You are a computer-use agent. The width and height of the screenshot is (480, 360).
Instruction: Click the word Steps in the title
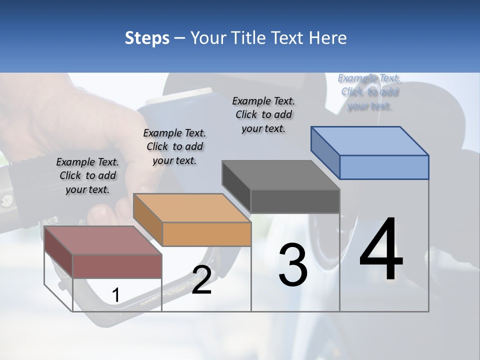point(147,38)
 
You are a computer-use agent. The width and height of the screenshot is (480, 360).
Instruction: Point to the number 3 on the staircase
point(293,265)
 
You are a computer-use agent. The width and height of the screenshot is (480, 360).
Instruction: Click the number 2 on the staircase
point(201,280)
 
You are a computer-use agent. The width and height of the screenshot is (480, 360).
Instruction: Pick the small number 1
point(115,295)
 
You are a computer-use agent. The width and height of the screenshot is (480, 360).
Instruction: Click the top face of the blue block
point(370,140)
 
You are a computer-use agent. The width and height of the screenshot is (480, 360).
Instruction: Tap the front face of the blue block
point(384,167)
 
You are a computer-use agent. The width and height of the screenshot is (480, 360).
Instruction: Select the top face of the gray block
point(281,175)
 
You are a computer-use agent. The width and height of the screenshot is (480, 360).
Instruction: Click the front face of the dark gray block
point(295,201)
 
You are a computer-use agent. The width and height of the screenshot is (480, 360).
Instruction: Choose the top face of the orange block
point(192,208)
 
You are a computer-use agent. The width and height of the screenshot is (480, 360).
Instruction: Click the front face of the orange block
point(206,234)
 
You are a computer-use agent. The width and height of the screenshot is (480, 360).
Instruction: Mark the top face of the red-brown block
point(103,240)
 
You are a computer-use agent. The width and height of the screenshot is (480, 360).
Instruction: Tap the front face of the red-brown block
point(117,266)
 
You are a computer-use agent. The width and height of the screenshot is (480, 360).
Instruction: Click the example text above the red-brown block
point(87,175)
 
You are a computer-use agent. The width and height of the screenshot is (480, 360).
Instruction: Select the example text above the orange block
point(174,146)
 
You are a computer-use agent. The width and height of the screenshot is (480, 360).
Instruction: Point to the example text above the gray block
point(263,114)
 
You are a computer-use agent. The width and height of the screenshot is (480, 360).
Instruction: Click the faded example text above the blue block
point(369,92)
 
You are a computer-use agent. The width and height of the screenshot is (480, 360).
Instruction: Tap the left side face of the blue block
point(325,153)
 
